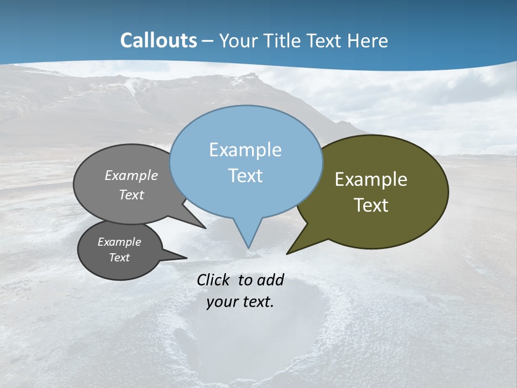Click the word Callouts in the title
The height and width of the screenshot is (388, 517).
158,40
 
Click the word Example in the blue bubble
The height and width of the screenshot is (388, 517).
245,150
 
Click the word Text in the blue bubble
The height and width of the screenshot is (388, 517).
245,176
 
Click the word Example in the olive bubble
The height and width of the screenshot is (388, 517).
371,179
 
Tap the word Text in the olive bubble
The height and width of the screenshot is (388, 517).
371,205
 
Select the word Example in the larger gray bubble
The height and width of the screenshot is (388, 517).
131,175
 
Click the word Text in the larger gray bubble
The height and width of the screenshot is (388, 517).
131,195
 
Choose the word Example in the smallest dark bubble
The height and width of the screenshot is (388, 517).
119,242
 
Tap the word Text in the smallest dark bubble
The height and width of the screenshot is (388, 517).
119,258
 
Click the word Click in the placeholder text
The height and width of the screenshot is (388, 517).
215,280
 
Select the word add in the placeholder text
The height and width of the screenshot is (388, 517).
270,280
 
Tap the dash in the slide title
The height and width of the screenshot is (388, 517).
208,40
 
